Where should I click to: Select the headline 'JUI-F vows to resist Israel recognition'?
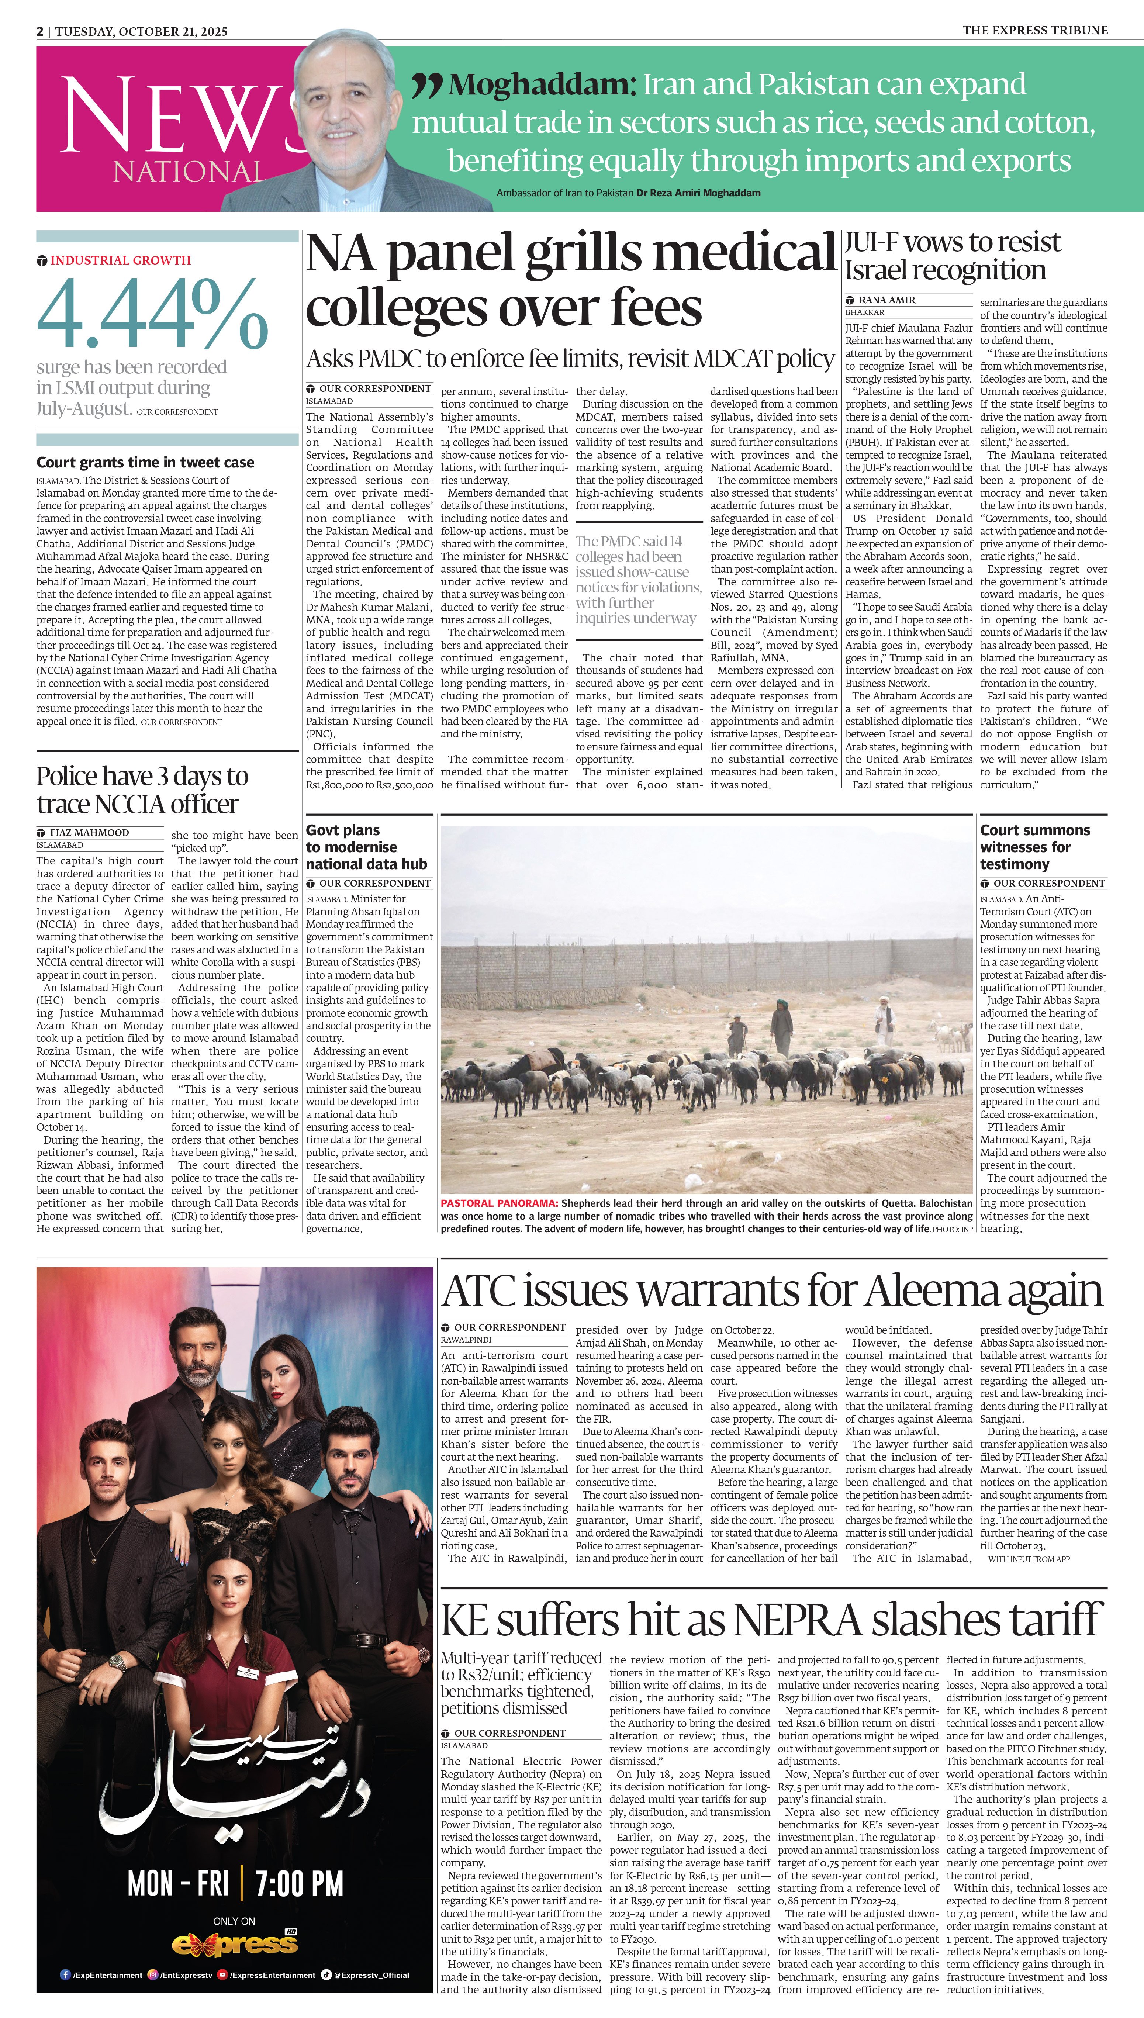[x=952, y=256]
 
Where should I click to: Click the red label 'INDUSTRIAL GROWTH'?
[x=120, y=260]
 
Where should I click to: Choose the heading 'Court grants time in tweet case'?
[x=145, y=463]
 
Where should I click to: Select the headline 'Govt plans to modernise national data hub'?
[x=366, y=847]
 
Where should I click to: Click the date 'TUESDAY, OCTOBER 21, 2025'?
[x=141, y=31]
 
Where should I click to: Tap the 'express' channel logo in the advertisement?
[x=235, y=1944]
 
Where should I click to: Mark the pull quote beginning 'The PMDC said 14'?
[x=638, y=580]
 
